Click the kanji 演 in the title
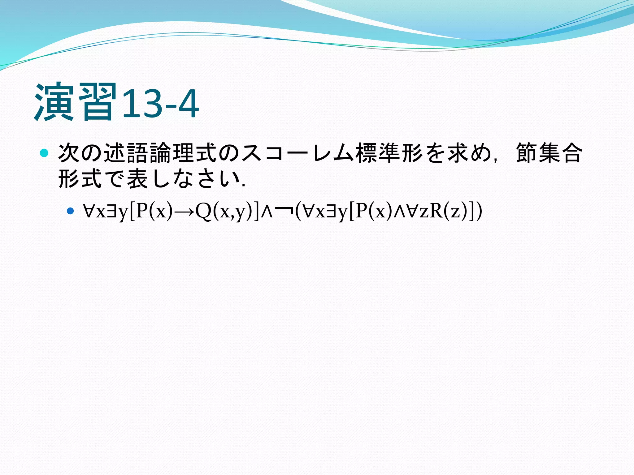tap(54, 102)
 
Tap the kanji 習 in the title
tap(98, 102)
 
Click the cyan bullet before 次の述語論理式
tap(44, 153)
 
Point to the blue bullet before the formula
tap(71, 211)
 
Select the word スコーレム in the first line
tap(297, 153)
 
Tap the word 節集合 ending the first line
tap(549, 153)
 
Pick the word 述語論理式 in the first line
tap(160, 153)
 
